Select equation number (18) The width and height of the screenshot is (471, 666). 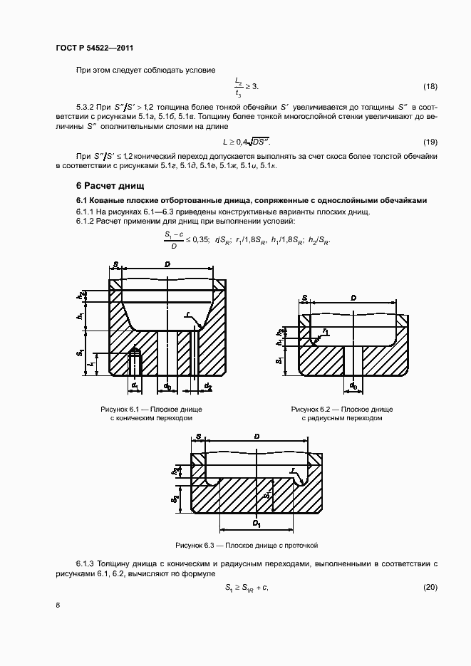point(430,87)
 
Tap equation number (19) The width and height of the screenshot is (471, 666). point(430,142)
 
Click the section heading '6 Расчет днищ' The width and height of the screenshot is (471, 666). point(105,187)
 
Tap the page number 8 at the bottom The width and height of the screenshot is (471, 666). point(58,605)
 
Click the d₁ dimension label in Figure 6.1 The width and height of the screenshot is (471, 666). point(134,385)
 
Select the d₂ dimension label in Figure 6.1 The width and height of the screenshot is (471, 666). point(208,385)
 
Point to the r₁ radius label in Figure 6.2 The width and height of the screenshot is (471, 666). point(325,331)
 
